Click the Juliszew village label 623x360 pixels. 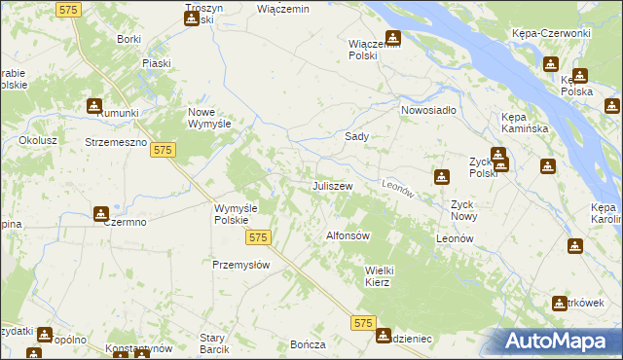click(x=331, y=185)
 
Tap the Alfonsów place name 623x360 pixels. click(x=348, y=235)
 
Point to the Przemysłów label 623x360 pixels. click(x=240, y=265)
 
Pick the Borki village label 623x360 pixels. click(x=128, y=39)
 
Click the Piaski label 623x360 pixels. click(x=156, y=63)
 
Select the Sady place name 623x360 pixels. click(x=356, y=137)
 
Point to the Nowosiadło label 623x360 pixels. click(x=428, y=110)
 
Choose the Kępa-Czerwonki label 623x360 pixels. click(x=551, y=33)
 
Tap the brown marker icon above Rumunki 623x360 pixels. click(x=94, y=105)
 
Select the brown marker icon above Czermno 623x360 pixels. click(x=101, y=214)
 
